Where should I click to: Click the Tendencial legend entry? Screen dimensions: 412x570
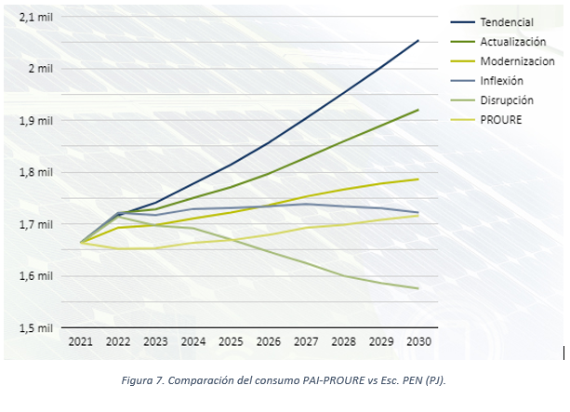point(508,21)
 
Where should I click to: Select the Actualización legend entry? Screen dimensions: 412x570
point(512,41)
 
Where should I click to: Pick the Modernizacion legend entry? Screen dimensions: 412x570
point(517,60)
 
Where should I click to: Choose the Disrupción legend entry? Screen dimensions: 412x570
point(507,100)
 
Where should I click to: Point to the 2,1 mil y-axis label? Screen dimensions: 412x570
point(37,17)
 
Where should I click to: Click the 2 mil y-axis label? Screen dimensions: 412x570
point(42,69)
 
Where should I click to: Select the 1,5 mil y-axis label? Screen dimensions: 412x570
point(37,328)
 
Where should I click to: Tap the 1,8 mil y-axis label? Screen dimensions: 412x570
point(37,172)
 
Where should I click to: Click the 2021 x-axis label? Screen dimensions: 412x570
point(81,342)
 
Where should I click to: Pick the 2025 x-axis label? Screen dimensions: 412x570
point(231,342)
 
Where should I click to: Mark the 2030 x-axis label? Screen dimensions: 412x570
point(418,342)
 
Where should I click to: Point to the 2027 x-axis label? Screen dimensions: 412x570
point(306,342)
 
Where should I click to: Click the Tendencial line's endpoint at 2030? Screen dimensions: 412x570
point(418,40)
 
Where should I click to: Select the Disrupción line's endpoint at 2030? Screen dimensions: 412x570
point(418,288)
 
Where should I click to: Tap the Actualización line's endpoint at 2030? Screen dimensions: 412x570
point(418,110)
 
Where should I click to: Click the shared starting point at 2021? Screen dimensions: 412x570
point(81,243)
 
